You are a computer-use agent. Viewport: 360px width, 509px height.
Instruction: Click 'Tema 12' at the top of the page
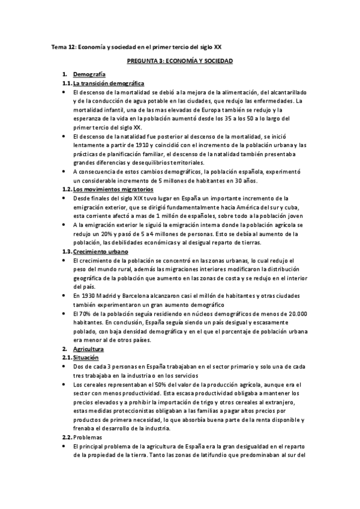[61, 46]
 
